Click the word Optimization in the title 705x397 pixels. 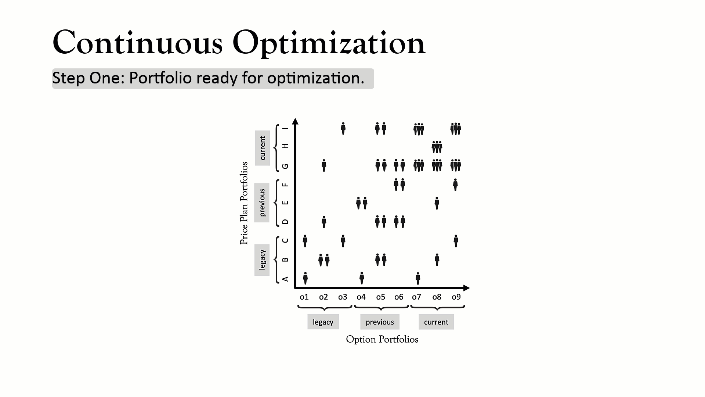[x=329, y=43]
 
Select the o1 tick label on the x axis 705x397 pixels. [x=304, y=297]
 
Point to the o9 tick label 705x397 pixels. [x=456, y=297]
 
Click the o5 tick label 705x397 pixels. [x=380, y=297]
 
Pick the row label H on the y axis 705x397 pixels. [x=285, y=146]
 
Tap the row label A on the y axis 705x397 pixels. [x=285, y=279]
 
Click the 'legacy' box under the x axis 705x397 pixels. [x=323, y=322]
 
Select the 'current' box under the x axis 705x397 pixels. [x=436, y=322]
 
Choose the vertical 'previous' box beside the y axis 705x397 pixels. [x=262, y=203]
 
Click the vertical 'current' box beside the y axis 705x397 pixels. [x=262, y=148]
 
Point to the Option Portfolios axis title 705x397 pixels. [x=382, y=339]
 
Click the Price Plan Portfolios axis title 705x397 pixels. [x=244, y=203]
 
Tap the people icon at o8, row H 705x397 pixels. [x=437, y=147]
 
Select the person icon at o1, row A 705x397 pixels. [x=305, y=278]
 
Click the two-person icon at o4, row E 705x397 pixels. [x=362, y=203]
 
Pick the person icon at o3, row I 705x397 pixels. [x=343, y=129]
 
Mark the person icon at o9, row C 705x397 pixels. [x=456, y=241]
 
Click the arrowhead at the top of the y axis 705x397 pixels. [x=295, y=121]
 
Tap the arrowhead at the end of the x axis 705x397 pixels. [x=466, y=288]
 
